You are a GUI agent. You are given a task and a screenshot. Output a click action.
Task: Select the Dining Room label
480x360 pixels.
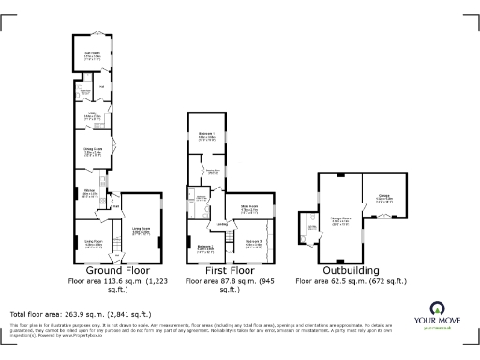click(x=92, y=149)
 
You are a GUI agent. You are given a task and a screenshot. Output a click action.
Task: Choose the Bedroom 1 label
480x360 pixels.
click(x=206, y=136)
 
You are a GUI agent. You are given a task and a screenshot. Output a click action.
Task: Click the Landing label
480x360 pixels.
click(x=223, y=224)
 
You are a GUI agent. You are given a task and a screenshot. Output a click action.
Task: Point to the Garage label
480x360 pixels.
click(x=383, y=198)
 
